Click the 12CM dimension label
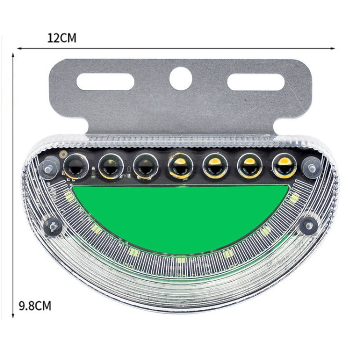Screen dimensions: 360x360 [62, 38]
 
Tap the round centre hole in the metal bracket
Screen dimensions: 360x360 [181, 78]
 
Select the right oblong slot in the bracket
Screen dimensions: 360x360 [256, 82]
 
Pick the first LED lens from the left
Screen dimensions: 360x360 [75, 166]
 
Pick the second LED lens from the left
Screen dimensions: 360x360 [110, 167]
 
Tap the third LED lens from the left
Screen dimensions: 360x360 [144, 167]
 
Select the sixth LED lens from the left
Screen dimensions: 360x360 [249, 167]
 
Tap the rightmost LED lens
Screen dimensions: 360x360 [284, 166]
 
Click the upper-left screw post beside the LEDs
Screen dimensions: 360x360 [49, 168]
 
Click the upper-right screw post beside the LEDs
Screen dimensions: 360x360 [312, 168]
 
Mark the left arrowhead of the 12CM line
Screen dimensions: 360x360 [19, 48]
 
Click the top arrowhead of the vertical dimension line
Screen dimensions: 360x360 [13, 56]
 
